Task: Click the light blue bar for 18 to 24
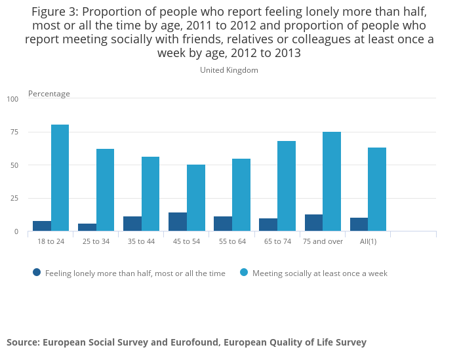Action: tap(60, 178)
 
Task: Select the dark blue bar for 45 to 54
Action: tap(178, 222)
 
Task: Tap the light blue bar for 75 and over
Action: tap(332, 182)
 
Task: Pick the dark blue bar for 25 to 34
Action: tap(87, 227)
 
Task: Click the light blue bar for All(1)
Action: tap(377, 190)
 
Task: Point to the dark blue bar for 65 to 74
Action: tap(268, 224)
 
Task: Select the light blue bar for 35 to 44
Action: tap(151, 194)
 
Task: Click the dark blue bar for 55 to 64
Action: tap(223, 224)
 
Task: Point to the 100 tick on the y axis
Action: tap(13, 99)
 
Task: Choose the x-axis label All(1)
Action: tap(367, 241)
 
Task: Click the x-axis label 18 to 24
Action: tap(50, 241)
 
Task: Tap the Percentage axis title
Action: tap(49, 94)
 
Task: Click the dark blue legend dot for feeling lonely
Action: tap(37, 273)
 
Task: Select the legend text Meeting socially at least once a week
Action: tap(320, 273)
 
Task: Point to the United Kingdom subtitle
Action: tap(229, 70)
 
